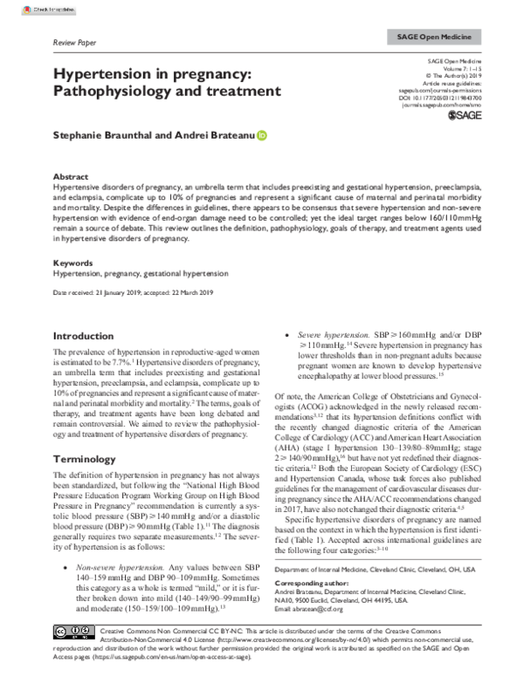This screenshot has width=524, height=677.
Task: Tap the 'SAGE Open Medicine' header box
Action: pos(428,39)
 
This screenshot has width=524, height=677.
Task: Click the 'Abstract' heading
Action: pos(71,175)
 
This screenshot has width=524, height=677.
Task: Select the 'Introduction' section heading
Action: pos(89,336)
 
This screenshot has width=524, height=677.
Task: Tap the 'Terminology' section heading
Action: pos(87,458)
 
